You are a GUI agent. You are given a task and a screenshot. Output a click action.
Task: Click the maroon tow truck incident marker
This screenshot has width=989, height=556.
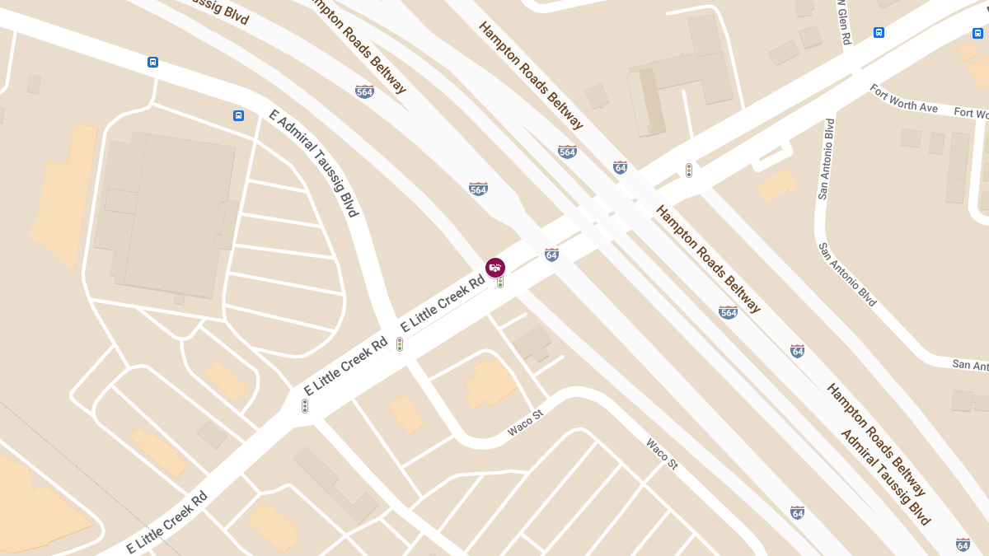495,268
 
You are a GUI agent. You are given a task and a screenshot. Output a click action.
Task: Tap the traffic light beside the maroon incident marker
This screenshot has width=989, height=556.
500,283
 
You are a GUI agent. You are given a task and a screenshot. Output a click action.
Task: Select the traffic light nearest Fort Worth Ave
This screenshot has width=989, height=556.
689,171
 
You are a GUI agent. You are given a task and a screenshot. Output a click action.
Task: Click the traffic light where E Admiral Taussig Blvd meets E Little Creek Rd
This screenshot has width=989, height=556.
400,344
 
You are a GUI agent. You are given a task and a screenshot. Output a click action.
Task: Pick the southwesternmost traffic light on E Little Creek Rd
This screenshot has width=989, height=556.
305,406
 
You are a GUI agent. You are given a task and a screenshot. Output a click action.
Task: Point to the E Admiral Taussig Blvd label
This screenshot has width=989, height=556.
314,162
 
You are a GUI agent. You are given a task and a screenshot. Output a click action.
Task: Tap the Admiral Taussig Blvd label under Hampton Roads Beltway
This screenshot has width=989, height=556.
885,477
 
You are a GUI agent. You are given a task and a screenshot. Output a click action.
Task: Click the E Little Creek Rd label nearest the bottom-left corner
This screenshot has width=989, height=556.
166,523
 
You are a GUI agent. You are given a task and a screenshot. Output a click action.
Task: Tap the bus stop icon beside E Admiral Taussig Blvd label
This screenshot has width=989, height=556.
238,116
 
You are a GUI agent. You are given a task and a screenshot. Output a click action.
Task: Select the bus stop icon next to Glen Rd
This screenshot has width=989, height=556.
879,33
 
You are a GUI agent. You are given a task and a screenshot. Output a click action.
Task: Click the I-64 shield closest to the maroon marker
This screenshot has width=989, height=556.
551,255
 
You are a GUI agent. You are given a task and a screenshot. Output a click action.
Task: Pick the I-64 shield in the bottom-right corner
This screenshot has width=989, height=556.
963,544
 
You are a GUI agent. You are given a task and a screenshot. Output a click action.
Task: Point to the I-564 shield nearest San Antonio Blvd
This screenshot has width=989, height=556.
728,312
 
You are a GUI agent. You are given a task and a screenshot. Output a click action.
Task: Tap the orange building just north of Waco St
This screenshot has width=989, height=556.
490,382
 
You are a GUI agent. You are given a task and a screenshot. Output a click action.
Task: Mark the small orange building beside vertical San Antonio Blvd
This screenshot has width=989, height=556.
776,185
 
